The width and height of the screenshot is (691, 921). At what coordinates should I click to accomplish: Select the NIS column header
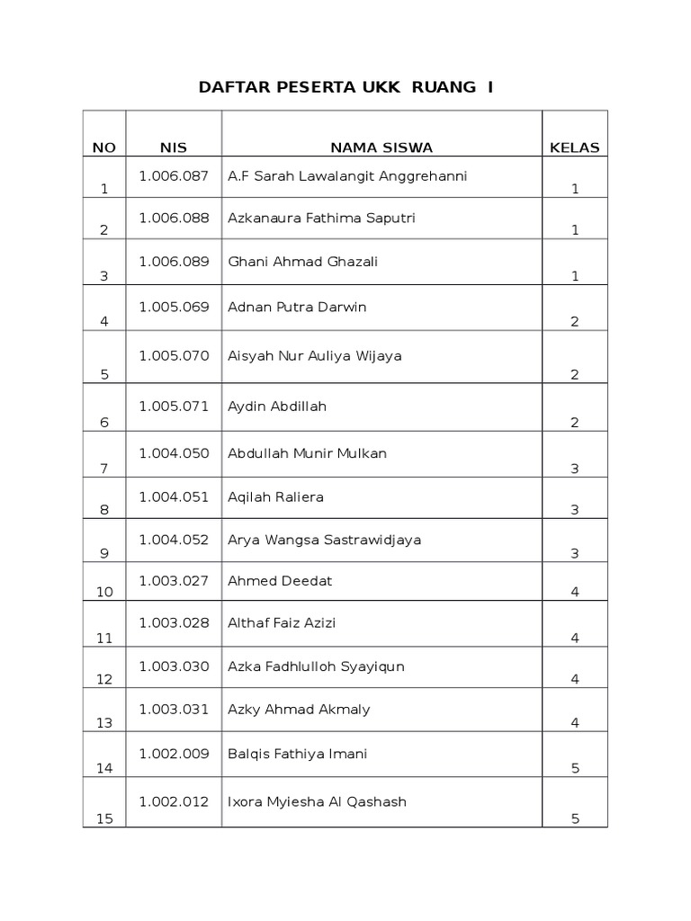tap(173, 148)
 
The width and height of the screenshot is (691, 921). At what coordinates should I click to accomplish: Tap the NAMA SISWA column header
tap(381, 148)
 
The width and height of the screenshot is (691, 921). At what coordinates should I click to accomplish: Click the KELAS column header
tap(574, 148)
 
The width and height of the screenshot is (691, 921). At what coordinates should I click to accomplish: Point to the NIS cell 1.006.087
tap(173, 175)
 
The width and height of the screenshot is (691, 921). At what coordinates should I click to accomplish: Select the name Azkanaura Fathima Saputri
tap(321, 219)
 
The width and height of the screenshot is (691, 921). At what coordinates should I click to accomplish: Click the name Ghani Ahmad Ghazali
tap(303, 262)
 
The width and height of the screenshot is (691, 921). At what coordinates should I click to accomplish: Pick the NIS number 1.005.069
tap(173, 307)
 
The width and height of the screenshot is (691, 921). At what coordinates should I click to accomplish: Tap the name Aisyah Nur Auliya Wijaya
tap(315, 355)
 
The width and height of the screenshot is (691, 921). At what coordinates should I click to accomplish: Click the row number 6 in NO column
tap(104, 423)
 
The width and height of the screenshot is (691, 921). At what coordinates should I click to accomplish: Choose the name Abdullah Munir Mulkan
tap(308, 453)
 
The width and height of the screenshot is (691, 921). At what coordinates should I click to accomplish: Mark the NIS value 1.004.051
tap(173, 496)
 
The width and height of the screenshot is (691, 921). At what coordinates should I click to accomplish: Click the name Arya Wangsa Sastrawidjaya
tap(325, 540)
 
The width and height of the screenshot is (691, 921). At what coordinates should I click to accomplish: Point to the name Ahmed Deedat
tap(280, 581)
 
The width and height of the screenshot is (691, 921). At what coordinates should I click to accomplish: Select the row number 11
tap(104, 639)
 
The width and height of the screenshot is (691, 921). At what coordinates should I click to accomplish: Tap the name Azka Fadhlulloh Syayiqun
tap(317, 666)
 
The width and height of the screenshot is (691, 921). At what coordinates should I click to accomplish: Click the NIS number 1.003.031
tap(173, 710)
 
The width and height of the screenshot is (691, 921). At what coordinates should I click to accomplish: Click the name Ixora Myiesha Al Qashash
tap(318, 801)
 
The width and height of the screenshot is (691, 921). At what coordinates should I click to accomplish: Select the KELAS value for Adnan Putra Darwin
tap(574, 321)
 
